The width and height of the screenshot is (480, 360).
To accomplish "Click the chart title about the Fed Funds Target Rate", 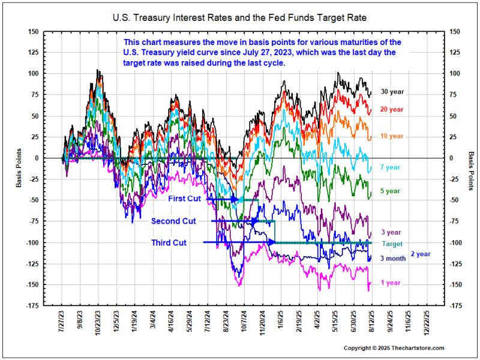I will tap(239, 19).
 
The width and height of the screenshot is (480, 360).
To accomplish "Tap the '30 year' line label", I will tap(392, 92).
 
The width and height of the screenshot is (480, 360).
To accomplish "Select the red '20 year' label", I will tap(392, 109).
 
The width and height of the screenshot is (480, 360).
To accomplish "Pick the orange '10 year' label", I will tap(392, 136).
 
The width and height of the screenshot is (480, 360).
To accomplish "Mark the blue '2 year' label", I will tap(421, 254).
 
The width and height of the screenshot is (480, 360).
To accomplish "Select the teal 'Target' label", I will tap(392, 244).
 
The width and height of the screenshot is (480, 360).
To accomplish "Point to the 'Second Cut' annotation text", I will tap(174, 221).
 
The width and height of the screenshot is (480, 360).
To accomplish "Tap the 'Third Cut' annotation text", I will tap(169, 242).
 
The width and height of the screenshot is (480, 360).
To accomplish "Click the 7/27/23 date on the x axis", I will tap(62, 321).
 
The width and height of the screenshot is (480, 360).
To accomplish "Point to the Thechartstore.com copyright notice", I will tap(394, 348).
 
